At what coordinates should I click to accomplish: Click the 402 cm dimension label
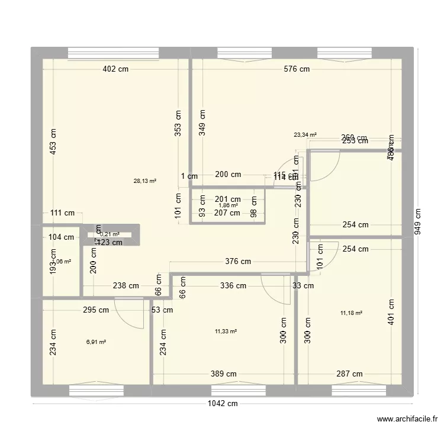[115, 69]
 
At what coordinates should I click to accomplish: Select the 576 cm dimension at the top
[297, 69]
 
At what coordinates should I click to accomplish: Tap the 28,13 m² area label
[145, 181]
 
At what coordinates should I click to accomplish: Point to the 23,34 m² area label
[305, 134]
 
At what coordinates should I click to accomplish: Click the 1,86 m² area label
[227, 205]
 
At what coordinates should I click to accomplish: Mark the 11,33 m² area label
[226, 332]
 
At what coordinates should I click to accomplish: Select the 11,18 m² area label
[351, 313]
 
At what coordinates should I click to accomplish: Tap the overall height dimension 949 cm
[419, 222]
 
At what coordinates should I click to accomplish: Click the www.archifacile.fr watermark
[407, 420]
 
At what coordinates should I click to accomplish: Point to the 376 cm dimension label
[237, 261]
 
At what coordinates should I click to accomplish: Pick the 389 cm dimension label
[224, 374]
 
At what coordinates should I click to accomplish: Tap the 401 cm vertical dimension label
[391, 310]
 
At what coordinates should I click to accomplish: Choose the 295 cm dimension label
[95, 309]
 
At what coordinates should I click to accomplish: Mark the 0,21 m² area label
[109, 234]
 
